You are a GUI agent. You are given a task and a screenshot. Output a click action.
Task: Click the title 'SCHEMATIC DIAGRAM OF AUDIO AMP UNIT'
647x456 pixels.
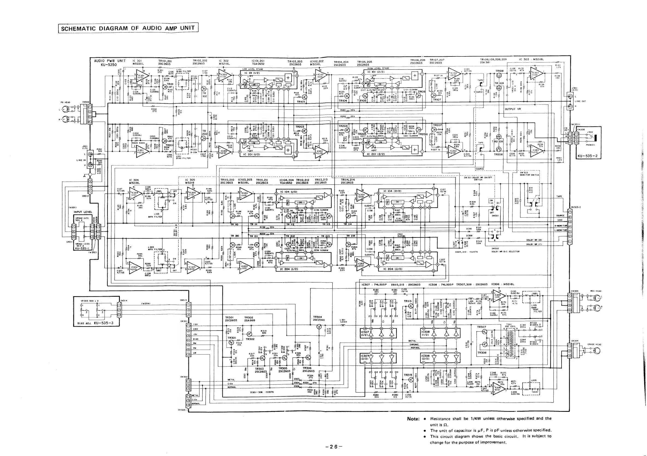128,28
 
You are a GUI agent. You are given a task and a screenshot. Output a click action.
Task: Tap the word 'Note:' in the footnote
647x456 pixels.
413,419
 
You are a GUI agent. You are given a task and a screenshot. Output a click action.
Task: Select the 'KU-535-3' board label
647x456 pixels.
103,323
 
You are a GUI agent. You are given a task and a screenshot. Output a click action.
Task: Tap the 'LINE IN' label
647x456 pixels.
81,160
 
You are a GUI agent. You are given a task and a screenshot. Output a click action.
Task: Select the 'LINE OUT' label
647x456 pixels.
581,101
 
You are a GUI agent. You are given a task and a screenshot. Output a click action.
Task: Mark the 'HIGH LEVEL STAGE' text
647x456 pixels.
378,68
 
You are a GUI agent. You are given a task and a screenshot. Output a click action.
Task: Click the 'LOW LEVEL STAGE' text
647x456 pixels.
253,69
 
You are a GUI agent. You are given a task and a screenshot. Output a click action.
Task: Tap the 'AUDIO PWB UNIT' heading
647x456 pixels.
110,61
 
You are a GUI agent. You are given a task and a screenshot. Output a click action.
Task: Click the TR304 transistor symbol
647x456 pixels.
319,326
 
